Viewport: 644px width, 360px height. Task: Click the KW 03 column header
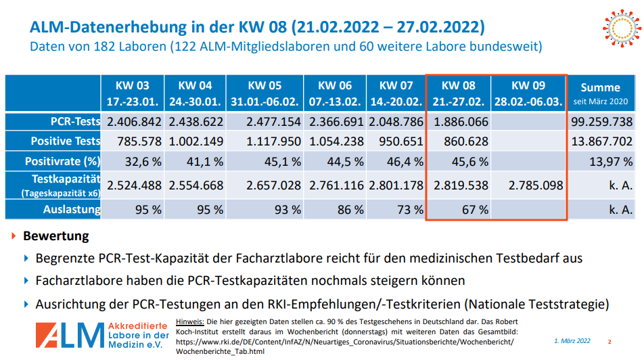coord(133,93)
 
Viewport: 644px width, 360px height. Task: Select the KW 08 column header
coord(459,93)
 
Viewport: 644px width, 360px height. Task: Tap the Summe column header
coord(600,93)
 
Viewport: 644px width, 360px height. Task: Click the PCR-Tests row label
coord(75,122)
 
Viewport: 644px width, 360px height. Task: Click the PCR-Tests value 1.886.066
coord(459,122)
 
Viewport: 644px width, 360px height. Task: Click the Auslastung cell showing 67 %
coord(474,209)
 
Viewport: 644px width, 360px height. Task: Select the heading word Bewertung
coord(56,237)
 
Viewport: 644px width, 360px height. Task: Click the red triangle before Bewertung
coord(15,237)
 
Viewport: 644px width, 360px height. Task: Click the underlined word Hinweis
coord(189,321)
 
